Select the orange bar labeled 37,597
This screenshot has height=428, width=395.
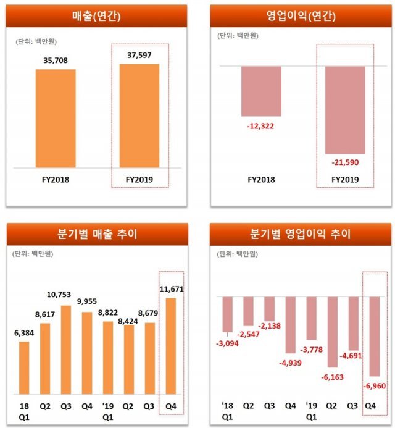click(139, 115)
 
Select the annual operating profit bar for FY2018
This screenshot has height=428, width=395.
click(261, 91)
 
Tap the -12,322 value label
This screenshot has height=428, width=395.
click(261, 125)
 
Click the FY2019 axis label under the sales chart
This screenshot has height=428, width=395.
click(139, 180)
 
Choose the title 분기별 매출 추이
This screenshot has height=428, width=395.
click(97, 234)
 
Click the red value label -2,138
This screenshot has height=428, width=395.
click(270, 327)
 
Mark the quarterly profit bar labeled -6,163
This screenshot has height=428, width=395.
click(332, 332)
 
